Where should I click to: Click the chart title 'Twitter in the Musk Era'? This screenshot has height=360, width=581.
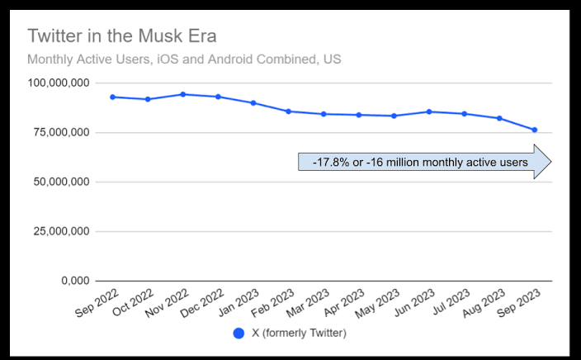point(121,37)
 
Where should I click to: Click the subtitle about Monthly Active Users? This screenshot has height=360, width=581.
point(184,59)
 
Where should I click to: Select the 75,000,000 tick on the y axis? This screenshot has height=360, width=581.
point(59,132)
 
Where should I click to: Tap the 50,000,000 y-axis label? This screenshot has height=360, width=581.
point(59,182)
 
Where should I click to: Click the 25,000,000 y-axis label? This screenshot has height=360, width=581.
point(59,231)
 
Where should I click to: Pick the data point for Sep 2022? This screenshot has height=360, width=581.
point(112,97)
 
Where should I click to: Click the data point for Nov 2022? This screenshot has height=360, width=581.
point(182,94)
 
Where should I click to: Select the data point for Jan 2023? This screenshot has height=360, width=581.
point(253,103)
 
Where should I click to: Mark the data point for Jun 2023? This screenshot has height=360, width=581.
point(429,111)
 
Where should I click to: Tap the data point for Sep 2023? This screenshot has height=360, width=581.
point(535,130)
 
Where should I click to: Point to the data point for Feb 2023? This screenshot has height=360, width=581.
point(288,111)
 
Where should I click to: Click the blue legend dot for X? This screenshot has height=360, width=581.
point(239,334)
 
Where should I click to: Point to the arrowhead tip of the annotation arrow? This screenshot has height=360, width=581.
point(550,163)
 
